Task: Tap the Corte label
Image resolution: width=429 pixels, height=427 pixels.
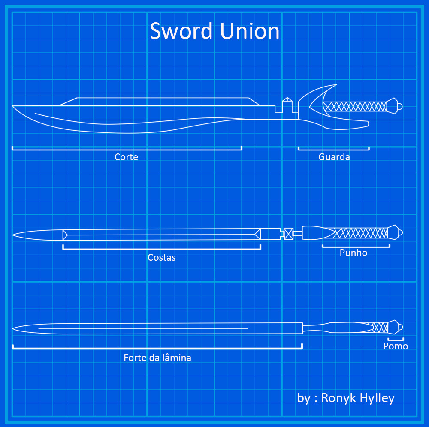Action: [126, 157]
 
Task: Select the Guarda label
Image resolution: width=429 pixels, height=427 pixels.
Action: [334, 157]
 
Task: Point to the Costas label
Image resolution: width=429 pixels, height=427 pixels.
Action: [161, 258]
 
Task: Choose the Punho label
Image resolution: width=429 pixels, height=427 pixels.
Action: [353, 253]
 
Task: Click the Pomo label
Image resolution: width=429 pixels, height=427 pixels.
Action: [396, 346]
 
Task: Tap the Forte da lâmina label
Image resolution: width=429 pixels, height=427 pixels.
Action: [157, 358]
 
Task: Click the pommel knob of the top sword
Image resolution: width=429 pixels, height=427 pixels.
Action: [399, 106]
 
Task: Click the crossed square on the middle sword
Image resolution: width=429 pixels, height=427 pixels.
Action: [288, 234]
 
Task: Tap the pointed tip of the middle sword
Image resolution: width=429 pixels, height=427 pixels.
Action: [14, 235]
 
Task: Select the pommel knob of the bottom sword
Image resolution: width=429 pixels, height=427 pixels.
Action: [400, 328]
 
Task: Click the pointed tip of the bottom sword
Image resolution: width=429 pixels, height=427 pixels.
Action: [14, 329]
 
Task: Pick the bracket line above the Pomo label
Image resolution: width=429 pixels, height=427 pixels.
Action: [395, 340]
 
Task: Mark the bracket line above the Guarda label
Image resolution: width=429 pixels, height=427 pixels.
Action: [334, 150]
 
